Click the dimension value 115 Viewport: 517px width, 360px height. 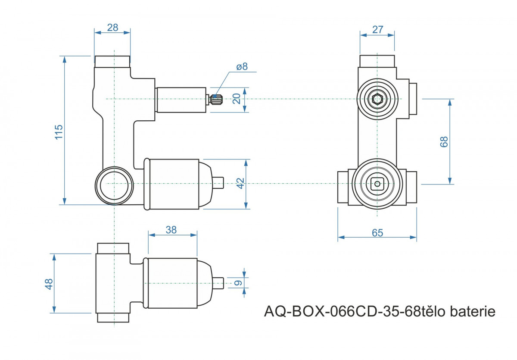59,132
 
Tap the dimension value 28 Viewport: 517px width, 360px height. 112,28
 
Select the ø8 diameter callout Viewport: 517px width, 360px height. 242,66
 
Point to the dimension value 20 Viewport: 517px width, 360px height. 237,99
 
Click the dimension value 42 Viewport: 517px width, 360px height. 240,183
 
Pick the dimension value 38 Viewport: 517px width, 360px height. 171,230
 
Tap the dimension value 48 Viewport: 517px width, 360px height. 49,284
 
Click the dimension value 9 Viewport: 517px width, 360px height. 238,283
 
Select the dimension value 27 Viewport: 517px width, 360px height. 377,30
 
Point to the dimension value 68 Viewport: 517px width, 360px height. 444,142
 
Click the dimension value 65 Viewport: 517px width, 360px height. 377,233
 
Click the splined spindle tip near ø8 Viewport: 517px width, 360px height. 216,99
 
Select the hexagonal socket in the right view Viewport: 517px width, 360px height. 377,99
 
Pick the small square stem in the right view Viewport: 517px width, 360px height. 377,184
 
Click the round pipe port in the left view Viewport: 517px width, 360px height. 114,186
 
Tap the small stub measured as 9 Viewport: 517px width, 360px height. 218,283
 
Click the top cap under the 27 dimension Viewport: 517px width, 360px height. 377,61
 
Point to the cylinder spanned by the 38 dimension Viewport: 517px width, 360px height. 172,283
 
